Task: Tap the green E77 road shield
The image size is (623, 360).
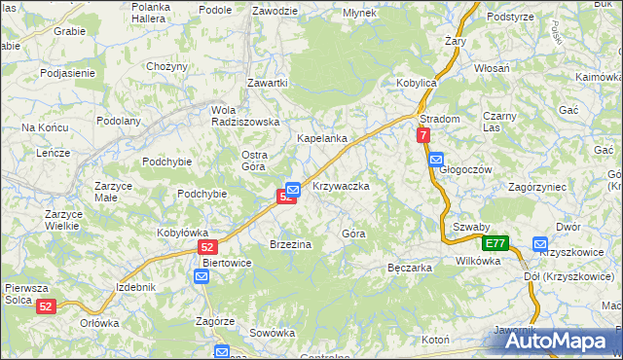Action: [496, 243]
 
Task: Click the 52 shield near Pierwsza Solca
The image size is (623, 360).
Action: [47, 306]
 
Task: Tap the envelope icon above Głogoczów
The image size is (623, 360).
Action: [436, 159]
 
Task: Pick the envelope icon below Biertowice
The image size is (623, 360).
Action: [202, 277]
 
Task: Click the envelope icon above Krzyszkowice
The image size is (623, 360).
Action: [540, 244]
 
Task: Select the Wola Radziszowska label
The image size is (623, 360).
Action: [246, 115]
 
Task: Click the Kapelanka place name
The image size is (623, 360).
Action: [322, 139]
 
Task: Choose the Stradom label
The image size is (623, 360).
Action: [439, 119]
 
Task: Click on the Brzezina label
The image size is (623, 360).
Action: [290, 244]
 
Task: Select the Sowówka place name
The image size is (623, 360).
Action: [272, 333]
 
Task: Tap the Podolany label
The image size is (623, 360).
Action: [119, 121]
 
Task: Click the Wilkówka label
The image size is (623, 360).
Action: [477, 261]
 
